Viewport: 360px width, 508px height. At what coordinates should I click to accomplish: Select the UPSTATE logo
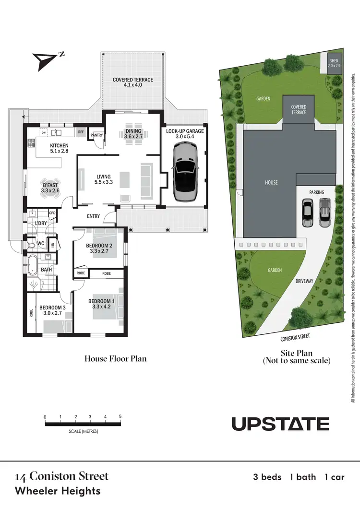280,424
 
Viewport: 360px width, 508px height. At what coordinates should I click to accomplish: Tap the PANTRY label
97,135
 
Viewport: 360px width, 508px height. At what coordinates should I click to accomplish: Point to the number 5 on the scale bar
120,417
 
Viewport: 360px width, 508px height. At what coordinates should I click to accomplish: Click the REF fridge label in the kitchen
81,131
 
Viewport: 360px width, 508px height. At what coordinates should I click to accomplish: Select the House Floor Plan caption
115,358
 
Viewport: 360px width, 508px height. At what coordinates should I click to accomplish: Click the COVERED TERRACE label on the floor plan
133,83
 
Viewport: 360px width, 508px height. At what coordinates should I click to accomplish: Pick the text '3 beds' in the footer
267,477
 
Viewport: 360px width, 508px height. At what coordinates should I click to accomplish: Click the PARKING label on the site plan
316,192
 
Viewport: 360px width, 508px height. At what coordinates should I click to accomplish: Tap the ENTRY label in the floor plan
93,216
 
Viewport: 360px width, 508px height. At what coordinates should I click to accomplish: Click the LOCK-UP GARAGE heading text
185,131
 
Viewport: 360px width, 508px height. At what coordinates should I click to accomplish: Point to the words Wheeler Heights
58,491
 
